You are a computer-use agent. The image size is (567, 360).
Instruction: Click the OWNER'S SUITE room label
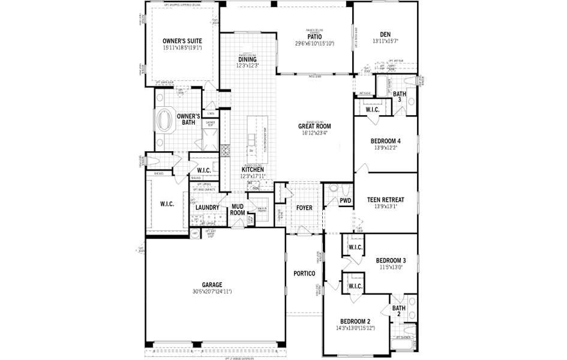pyautogui.click(x=182, y=41)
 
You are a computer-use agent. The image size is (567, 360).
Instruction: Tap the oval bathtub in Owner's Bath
pyautogui.click(x=164, y=119)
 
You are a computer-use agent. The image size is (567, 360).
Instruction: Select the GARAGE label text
pyautogui.click(x=212, y=285)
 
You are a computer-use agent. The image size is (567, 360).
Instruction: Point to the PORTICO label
pyautogui.click(x=304, y=274)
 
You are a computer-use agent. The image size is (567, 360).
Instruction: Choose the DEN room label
pyautogui.click(x=385, y=34)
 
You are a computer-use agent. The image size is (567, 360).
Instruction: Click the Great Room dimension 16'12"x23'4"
pyautogui.click(x=315, y=133)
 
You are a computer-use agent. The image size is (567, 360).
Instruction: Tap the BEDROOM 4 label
pyautogui.click(x=385, y=141)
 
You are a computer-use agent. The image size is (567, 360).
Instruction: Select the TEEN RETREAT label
pyautogui.click(x=385, y=200)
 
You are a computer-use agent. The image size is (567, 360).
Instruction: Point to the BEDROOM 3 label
pyautogui.click(x=391, y=260)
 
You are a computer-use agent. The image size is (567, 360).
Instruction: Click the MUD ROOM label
pyautogui.click(x=238, y=209)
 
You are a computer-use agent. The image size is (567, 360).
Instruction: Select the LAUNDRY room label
pyautogui.click(x=208, y=207)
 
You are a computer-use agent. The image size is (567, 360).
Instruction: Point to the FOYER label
pyautogui.click(x=304, y=208)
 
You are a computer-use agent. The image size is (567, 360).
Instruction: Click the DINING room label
pyautogui.click(x=247, y=59)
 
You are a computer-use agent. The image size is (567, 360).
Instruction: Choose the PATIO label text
pyautogui.click(x=314, y=37)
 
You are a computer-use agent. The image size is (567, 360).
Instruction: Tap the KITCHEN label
pyautogui.click(x=253, y=170)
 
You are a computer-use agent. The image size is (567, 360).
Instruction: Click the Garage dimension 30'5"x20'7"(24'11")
pyautogui.click(x=212, y=292)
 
